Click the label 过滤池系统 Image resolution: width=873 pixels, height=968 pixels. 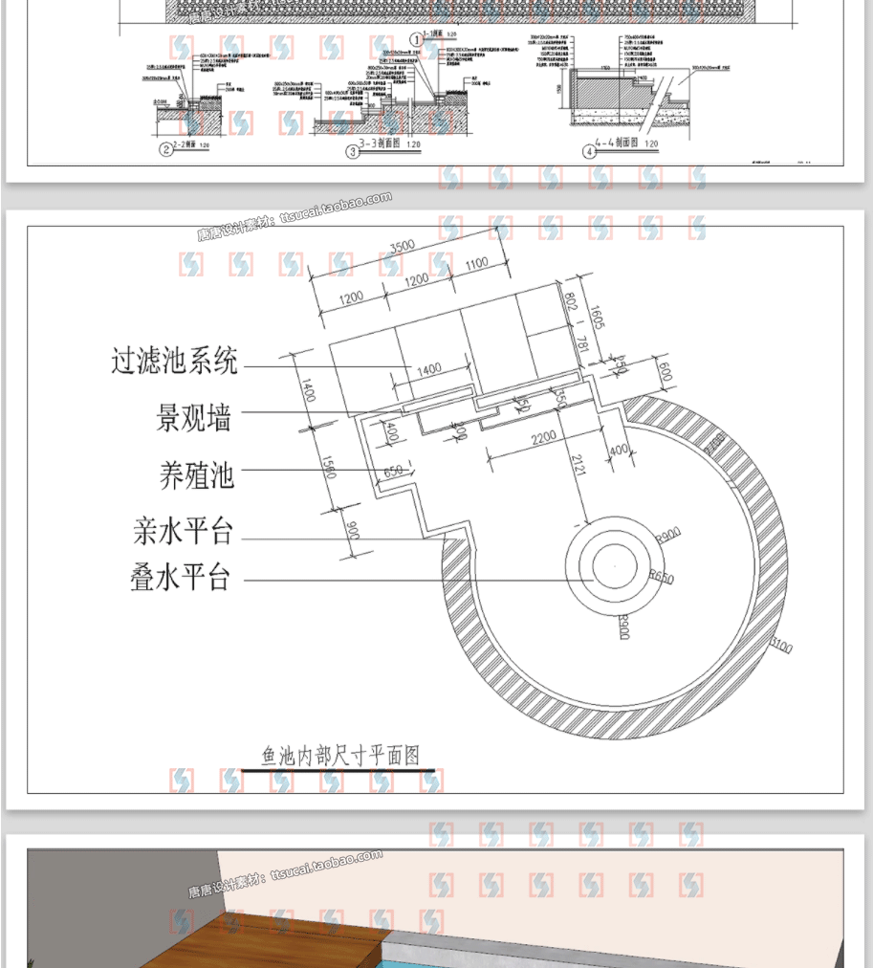(174, 362)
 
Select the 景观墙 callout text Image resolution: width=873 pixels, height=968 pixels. (194, 418)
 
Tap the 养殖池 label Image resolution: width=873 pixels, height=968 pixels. (196, 475)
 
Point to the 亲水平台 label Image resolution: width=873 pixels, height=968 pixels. (183, 531)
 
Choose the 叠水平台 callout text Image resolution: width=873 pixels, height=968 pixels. (181, 578)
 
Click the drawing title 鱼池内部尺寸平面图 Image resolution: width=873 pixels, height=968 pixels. (341, 756)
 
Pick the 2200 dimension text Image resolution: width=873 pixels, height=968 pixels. (543, 437)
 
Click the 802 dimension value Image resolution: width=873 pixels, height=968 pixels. (570, 304)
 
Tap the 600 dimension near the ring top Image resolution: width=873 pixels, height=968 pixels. (666, 372)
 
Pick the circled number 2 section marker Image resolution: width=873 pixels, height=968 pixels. (166, 148)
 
